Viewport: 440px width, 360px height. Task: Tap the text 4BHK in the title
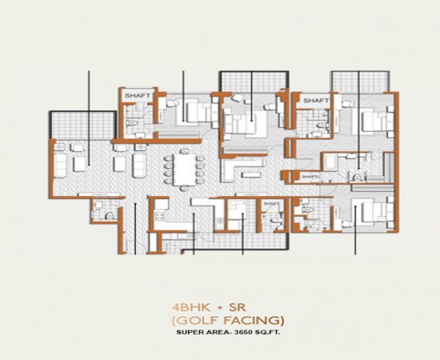click(186, 306)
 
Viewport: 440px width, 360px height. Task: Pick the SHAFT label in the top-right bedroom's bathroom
click(316, 101)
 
